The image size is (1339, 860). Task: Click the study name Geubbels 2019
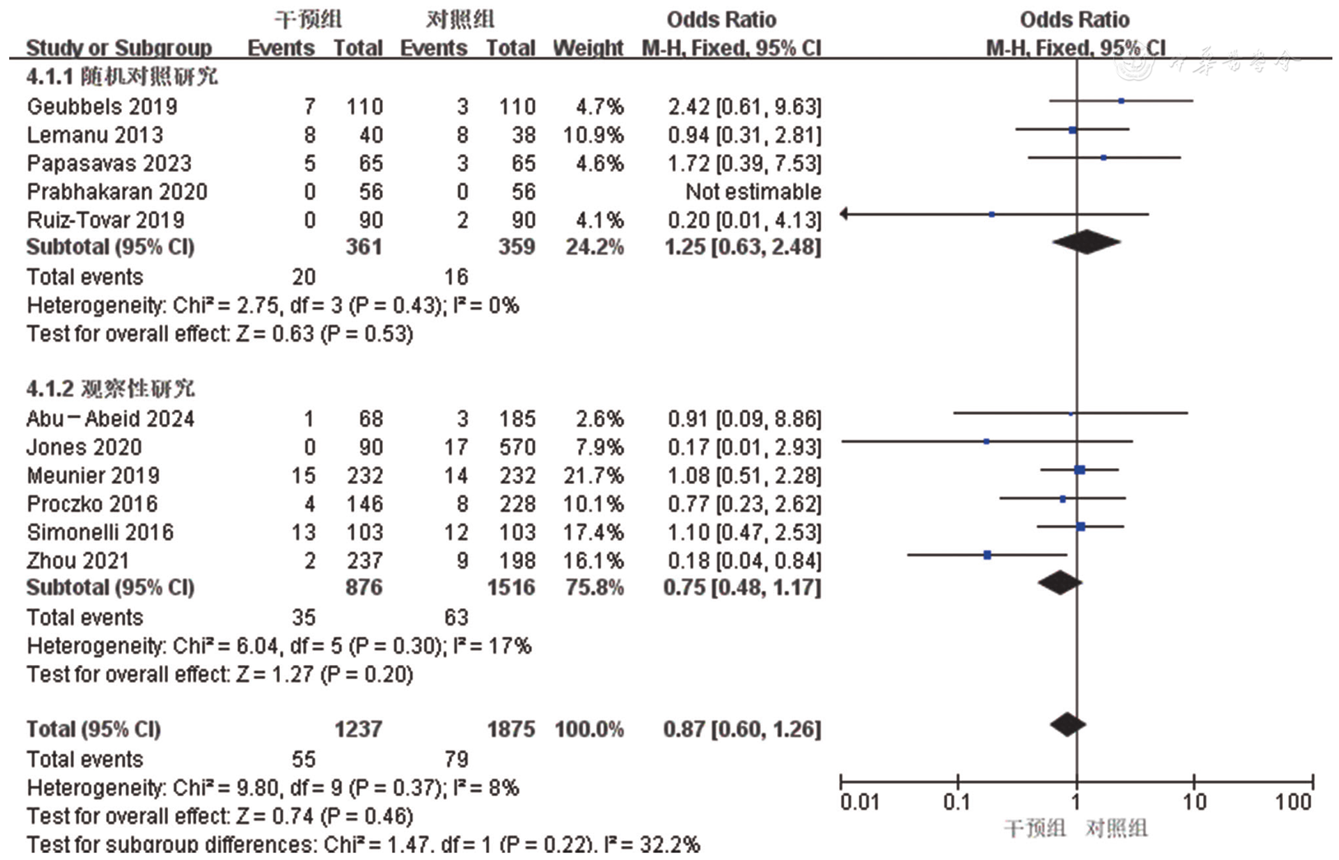coord(102,106)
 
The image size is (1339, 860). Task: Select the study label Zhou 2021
coord(77,560)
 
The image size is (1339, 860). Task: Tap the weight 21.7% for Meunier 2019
coord(593,476)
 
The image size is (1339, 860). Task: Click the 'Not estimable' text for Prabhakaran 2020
coord(753,192)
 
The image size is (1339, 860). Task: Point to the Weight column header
coord(587,48)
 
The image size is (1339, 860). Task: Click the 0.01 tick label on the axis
coord(859,802)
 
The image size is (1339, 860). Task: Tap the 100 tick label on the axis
coord(1293,802)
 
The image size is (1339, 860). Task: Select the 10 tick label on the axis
coord(1194,802)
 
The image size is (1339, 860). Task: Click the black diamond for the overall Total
coord(1068,725)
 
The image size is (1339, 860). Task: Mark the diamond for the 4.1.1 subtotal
coord(1086,242)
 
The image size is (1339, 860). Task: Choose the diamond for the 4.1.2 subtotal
coord(1060,583)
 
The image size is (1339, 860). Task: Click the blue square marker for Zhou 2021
coord(987,556)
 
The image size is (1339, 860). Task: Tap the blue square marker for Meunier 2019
coord(1080,470)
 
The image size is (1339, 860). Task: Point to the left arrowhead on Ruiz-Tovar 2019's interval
coord(845,214)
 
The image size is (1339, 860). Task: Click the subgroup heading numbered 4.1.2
coord(110,388)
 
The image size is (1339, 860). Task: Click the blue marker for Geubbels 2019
coord(1122,101)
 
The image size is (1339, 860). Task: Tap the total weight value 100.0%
coord(589,729)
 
